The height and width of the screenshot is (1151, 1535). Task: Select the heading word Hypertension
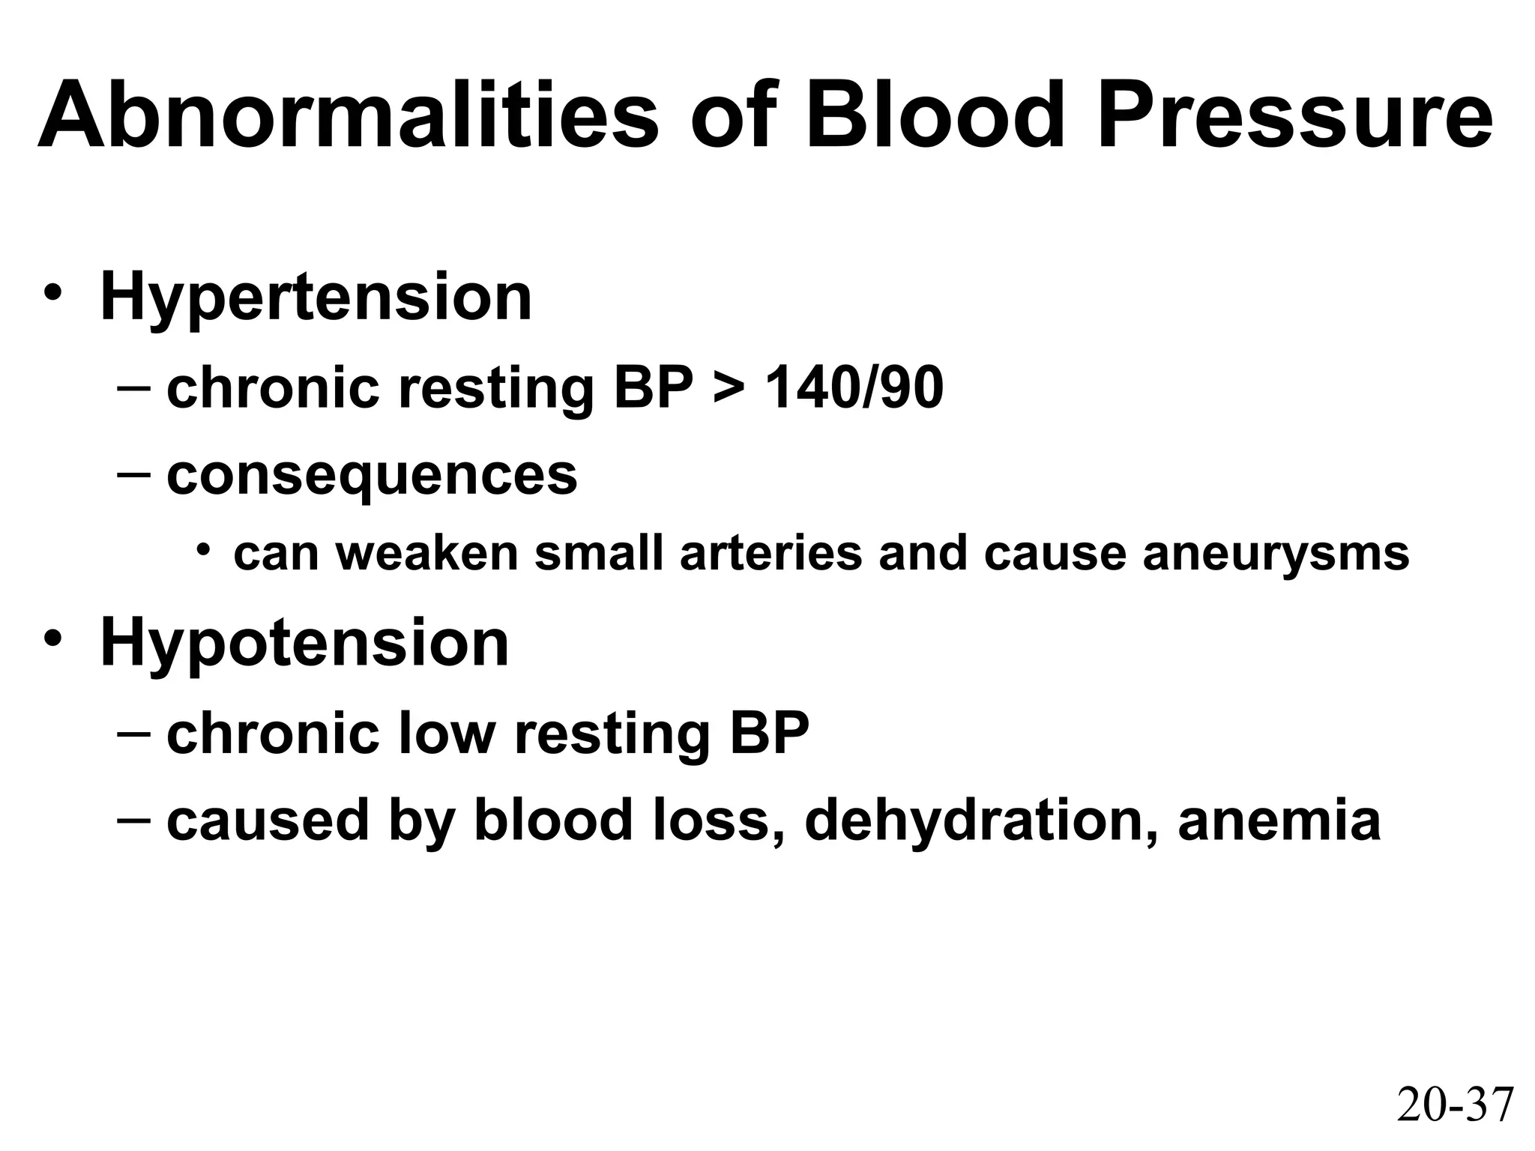(x=316, y=297)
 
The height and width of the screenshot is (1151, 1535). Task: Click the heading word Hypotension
(x=304, y=643)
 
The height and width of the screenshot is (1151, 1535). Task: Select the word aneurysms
(x=1276, y=553)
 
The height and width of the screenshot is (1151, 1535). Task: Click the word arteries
(x=770, y=553)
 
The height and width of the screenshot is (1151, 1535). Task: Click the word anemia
(x=1279, y=821)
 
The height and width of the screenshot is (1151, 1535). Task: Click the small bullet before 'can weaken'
(x=203, y=551)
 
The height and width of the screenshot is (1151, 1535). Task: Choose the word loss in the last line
(x=723, y=820)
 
